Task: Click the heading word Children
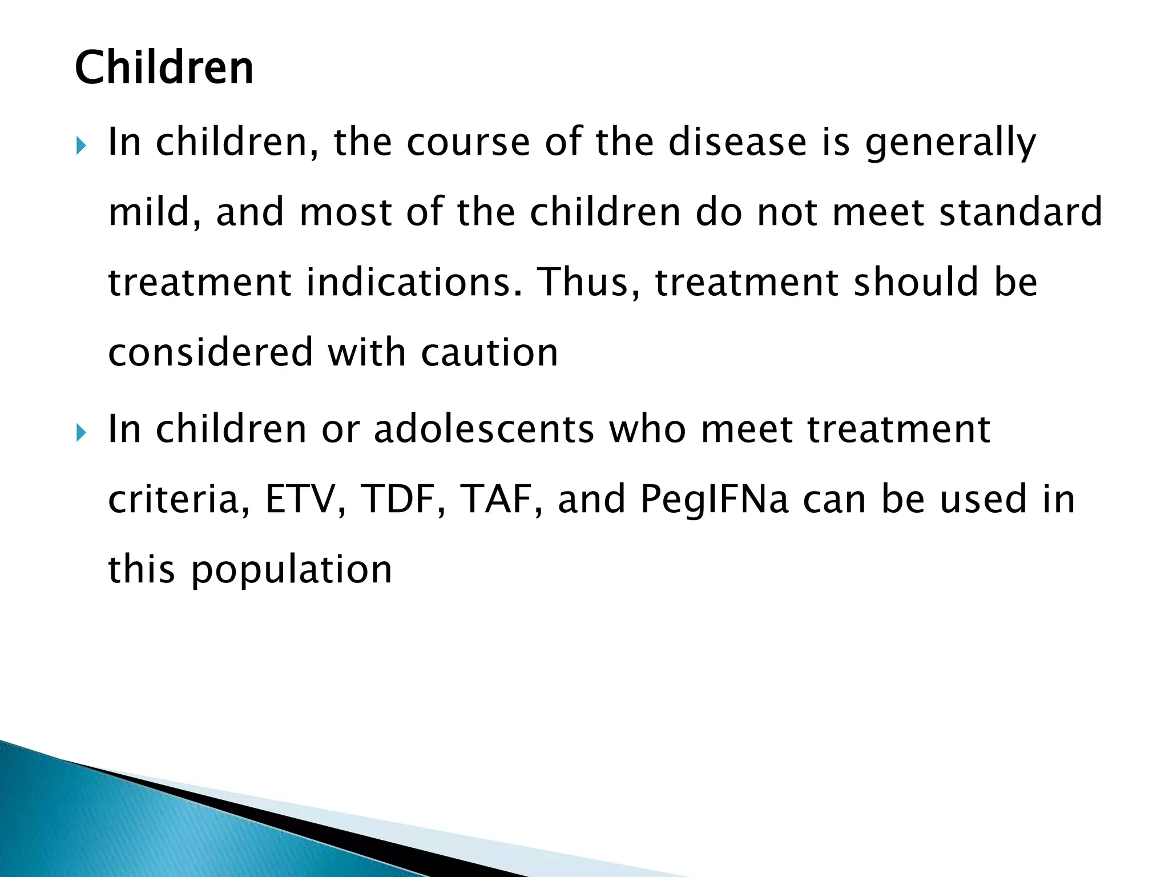point(164,68)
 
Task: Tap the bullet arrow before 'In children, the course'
point(80,147)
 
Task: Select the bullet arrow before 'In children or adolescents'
point(80,433)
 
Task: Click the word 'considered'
point(211,352)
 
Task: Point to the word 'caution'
point(489,352)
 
